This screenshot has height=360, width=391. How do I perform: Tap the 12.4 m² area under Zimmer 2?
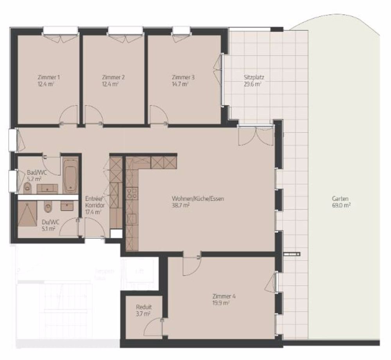click(x=110, y=84)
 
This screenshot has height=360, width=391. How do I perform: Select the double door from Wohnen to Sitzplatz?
click(x=255, y=135)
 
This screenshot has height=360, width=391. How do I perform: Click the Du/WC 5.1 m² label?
click(x=48, y=226)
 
